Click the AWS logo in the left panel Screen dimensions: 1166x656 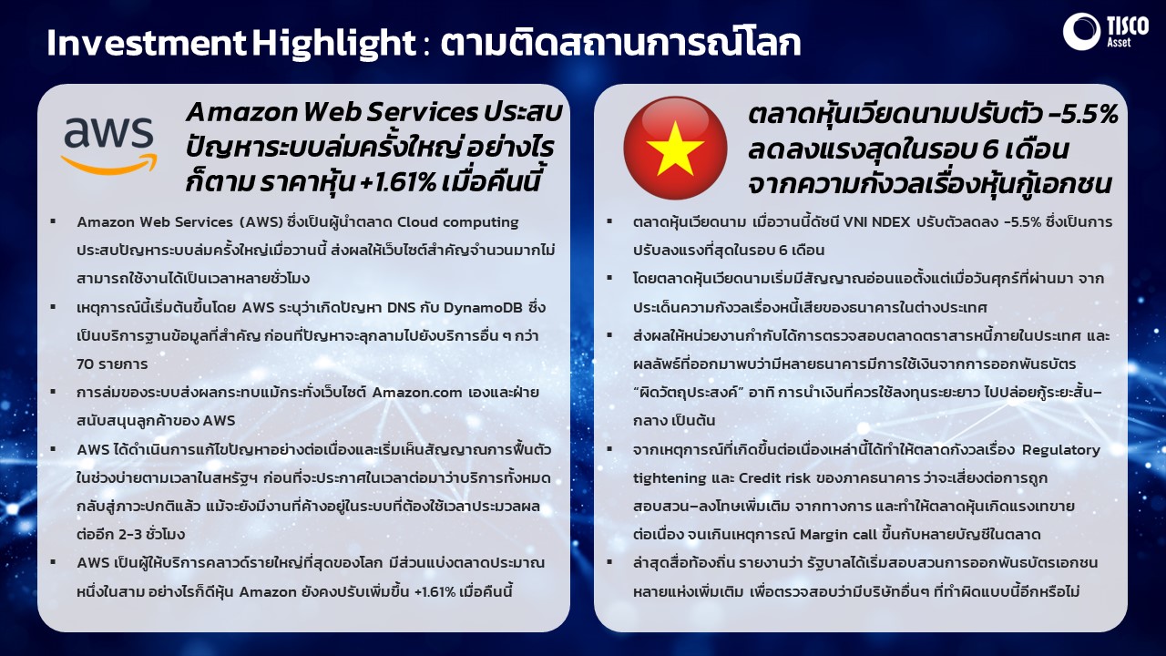coord(108,145)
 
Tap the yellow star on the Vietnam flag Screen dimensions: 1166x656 coord(675,149)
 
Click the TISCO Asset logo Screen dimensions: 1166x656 coord(1106,31)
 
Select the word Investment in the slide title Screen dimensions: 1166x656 coord(147,43)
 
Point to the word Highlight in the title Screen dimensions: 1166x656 coord(334,43)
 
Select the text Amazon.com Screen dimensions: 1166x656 coord(417,393)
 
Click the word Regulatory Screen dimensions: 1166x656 coord(1061,450)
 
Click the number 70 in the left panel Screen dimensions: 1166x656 coord(84,364)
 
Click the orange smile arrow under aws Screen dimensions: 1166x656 coord(108,164)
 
